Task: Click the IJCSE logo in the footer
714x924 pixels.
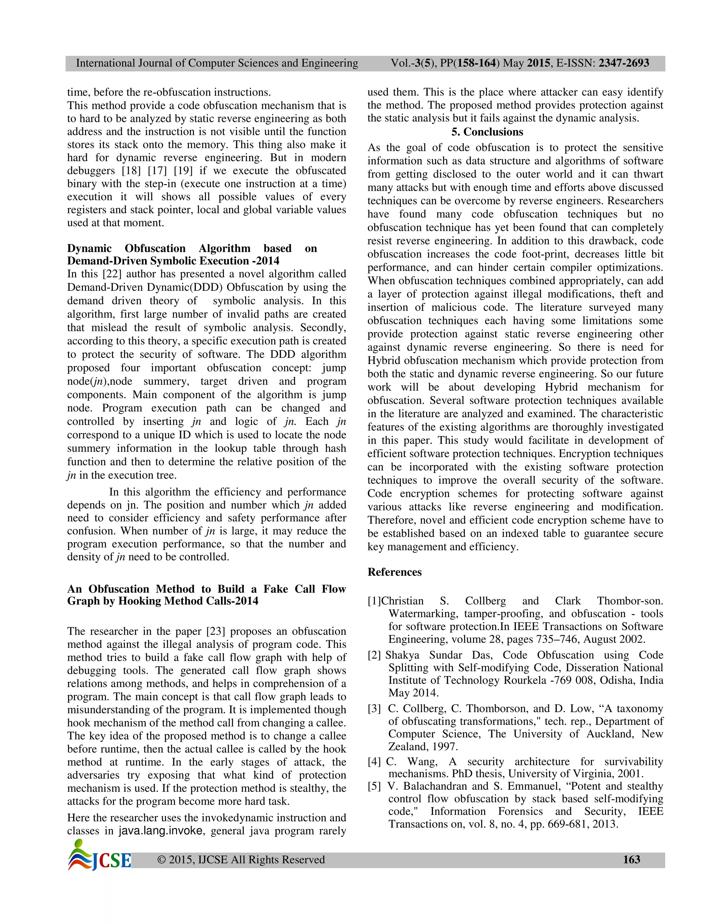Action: (99, 860)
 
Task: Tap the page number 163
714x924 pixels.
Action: (631, 860)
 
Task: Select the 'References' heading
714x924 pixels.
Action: (394, 572)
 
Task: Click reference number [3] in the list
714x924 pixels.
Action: (374, 709)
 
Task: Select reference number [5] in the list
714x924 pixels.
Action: (374, 786)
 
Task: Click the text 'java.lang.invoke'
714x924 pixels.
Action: (160, 831)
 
